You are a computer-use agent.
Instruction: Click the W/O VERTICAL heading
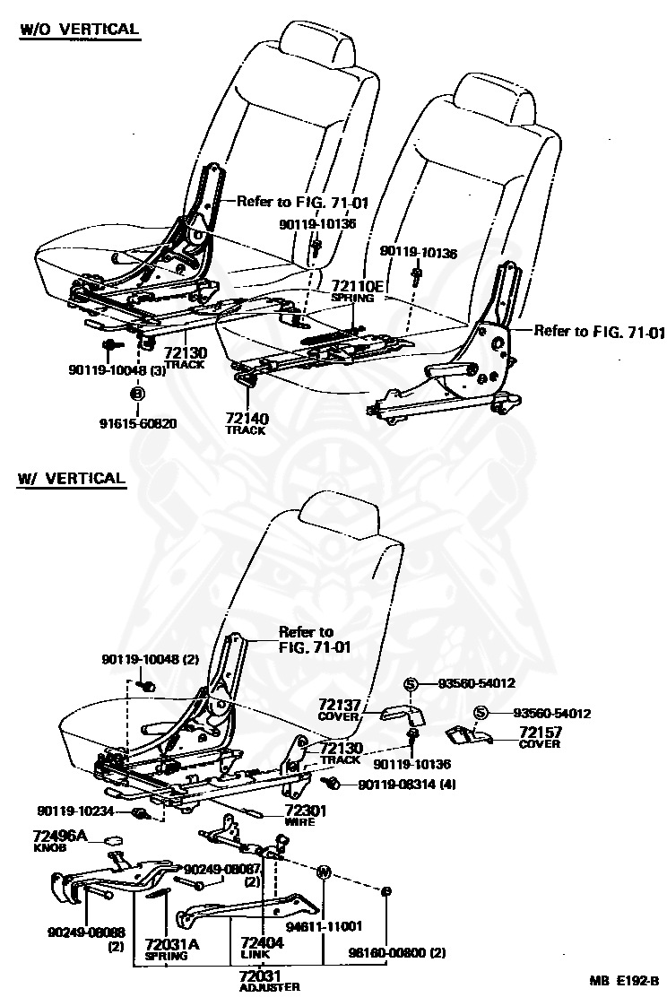click(x=80, y=30)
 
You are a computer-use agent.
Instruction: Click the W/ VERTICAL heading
click(x=71, y=479)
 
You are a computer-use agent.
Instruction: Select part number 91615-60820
click(x=138, y=423)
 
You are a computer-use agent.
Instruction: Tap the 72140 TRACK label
click(x=247, y=423)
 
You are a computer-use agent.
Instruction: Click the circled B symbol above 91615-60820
click(x=138, y=394)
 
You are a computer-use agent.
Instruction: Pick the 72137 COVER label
click(x=339, y=709)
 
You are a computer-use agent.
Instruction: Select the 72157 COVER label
click(x=540, y=737)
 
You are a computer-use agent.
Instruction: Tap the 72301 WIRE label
click(x=306, y=815)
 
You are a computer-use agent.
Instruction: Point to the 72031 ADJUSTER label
click(x=269, y=981)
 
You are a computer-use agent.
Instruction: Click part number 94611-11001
click(x=324, y=926)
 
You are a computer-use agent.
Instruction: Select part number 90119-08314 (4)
click(x=407, y=784)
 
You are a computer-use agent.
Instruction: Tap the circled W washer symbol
click(x=324, y=872)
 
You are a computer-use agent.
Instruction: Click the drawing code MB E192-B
click(x=624, y=980)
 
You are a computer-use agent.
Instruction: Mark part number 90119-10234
click(x=75, y=811)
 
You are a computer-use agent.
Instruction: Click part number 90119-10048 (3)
click(x=117, y=370)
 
